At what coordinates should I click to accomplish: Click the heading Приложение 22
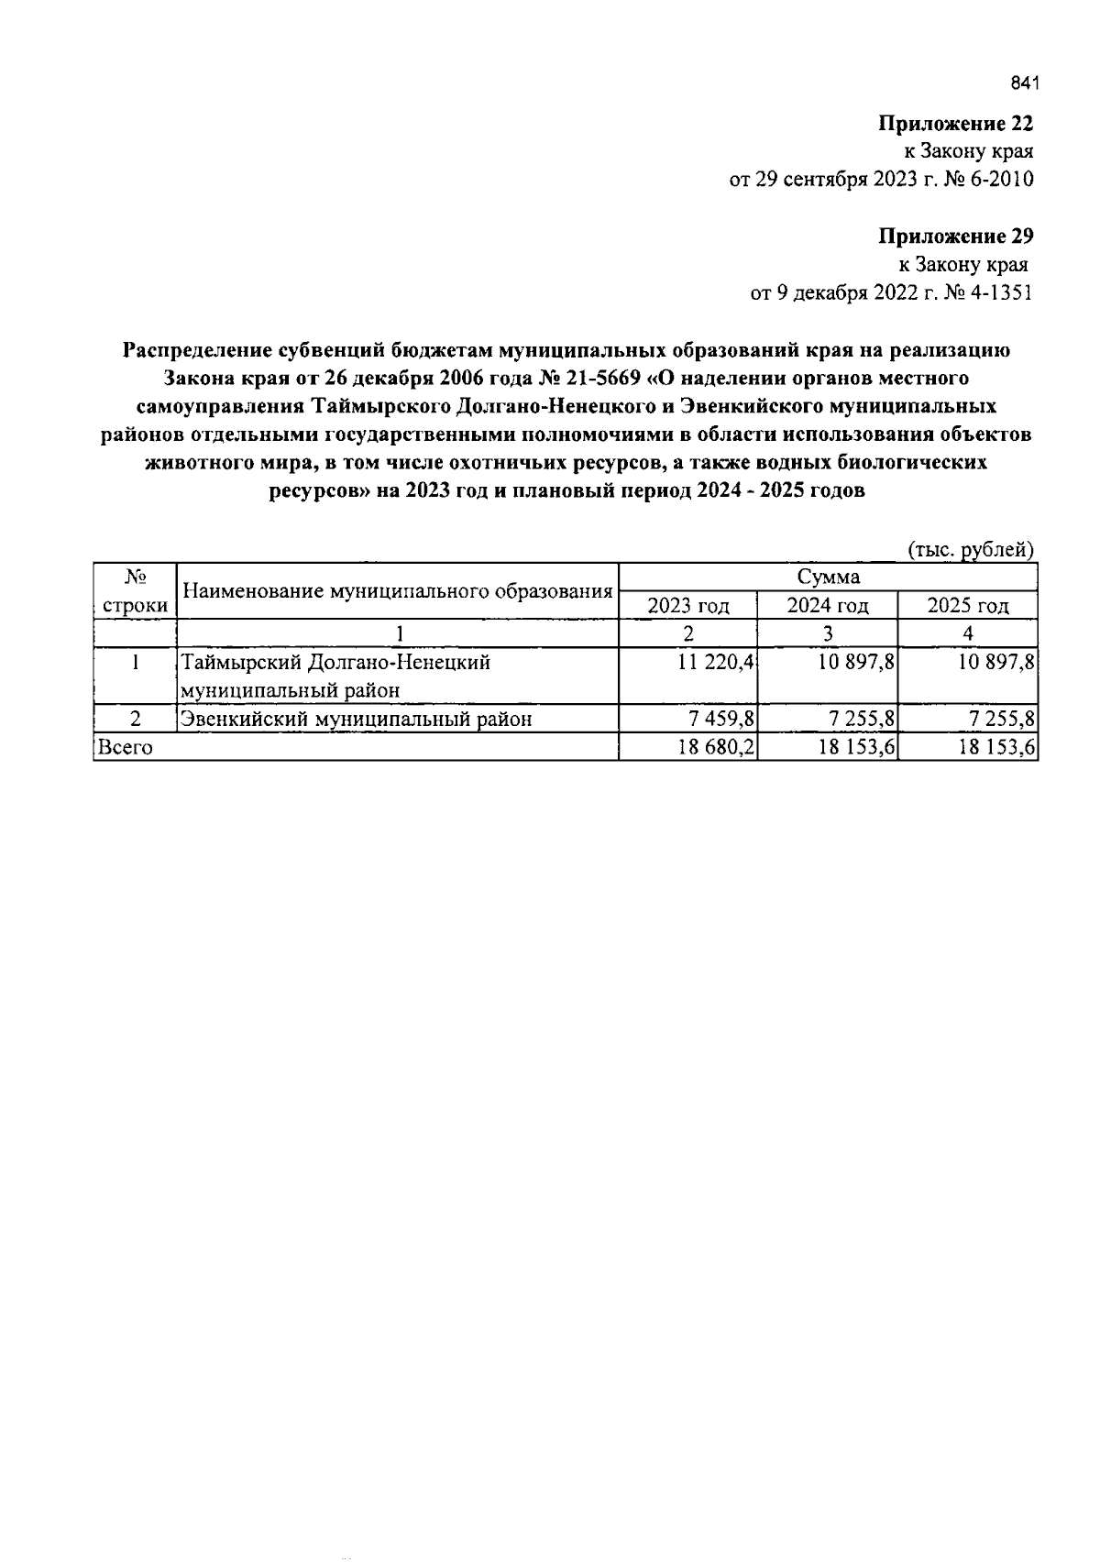click(955, 124)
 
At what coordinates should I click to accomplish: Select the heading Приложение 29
click(955, 236)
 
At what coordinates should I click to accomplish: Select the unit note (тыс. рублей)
click(971, 550)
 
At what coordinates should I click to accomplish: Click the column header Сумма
click(828, 577)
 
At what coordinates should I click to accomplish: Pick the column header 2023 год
click(688, 606)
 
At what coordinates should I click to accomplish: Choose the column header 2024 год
click(828, 606)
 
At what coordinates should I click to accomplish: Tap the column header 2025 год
click(967, 606)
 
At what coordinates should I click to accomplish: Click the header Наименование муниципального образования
click(398, 591)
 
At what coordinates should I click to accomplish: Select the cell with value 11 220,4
click(716, 663)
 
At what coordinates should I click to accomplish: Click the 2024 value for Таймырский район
click(856, 663)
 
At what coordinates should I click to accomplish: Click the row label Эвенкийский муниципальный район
click(356, 720)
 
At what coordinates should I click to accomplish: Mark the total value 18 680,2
click(716, 747)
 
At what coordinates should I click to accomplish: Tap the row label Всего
click(126, 747)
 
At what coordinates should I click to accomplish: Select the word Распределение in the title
click(197, 349)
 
